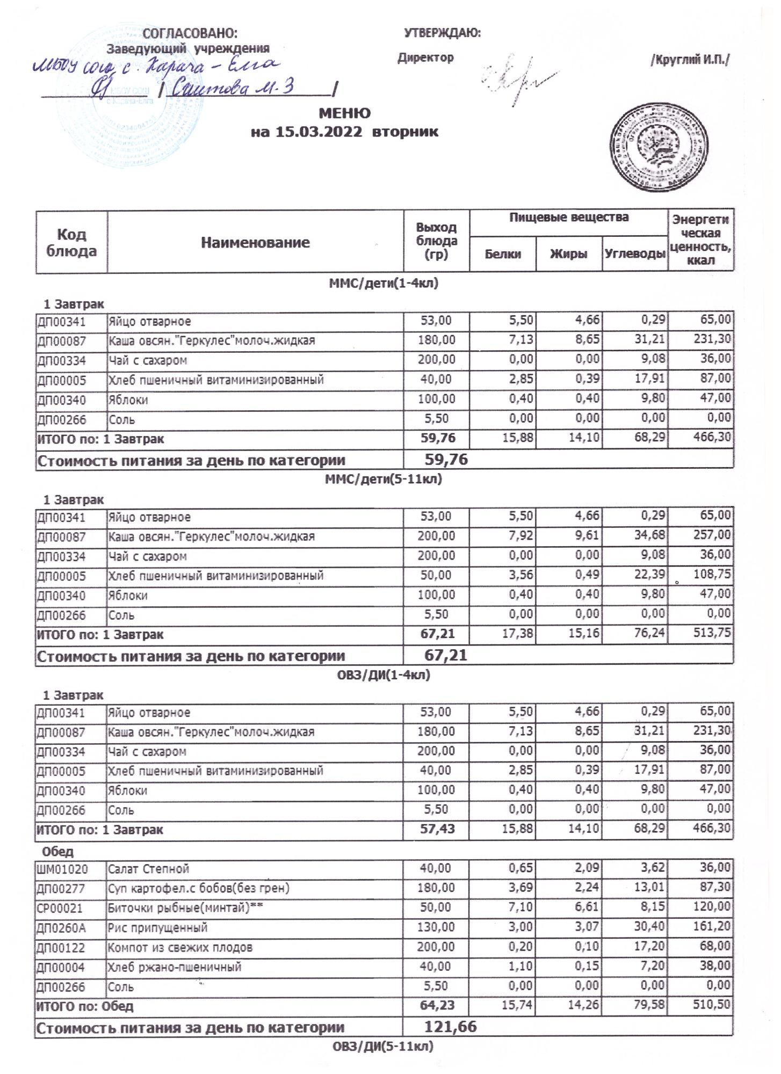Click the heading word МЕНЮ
[x=344, y=113]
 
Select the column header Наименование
[x=255, y=242]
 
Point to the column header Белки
[x=503, y=255]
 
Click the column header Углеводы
[x=634, y=255]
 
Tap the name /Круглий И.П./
[x=690, y=60]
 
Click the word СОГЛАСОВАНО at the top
[x=189, y=33]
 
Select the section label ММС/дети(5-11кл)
[x=384, y=479]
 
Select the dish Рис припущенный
[x=158, y=927]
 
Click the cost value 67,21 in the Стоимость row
[x=445, y=655]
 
